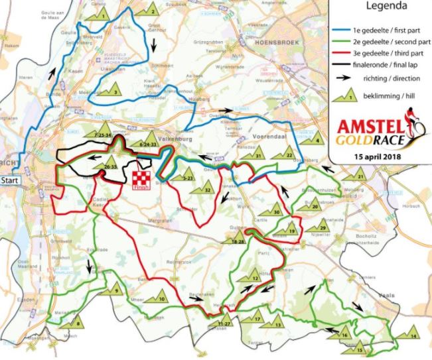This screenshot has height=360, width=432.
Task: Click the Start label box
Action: tap(10, 180)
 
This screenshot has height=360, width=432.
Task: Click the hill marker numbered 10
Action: tap(159, 296)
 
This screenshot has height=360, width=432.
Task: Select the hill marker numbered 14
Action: tap(411, 333)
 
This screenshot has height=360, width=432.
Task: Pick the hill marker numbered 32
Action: tap(204, 187)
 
